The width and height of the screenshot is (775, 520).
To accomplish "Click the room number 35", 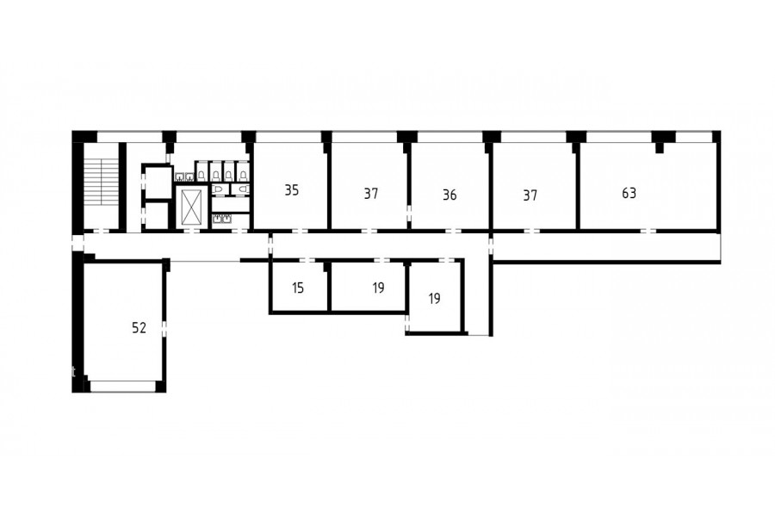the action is pyautogui.click(x=292, y=189).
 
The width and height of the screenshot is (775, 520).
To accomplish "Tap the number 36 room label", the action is pyautogui.click(x=449, y=195).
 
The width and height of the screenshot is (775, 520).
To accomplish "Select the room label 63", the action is pyautogui.click(x=629, y=193).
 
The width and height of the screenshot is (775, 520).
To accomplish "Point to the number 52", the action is pyautogui.click(x=139, y=328).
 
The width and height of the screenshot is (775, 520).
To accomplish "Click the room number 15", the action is pyautogui.click(x=298, y=288).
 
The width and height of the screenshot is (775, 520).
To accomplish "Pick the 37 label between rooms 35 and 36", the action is pyautogui.click(x=370, y=193).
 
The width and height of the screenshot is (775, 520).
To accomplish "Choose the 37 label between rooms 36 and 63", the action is pyautogui.click(x=530, y=195).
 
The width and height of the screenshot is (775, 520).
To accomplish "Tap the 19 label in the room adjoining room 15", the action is pyautogui.click(x=378, y=288).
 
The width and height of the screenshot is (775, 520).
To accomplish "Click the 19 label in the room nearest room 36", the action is pyautogui.click(x=435, y=299).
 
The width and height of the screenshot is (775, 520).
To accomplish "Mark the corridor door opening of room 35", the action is pyautogui.click(x=300, y=231).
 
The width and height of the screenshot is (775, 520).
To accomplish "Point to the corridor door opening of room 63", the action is pyautogui.click(x=648, y=231).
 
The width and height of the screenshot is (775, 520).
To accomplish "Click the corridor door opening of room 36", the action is pyautogui.click(x=453, y=231).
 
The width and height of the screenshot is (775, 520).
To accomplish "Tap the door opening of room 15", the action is pyautogui.click(x=307, y=260).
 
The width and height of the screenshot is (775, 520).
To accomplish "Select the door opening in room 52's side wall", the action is pyautogui.click(x=164, y=328).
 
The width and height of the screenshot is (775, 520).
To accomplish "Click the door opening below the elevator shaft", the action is pyautogui.click(x=192, y=231).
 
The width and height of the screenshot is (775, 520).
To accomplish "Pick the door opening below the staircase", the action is pyautogui.click(x=102, y=231).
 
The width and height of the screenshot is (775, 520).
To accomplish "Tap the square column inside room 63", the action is pyautogui.click(x=659, y=148).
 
